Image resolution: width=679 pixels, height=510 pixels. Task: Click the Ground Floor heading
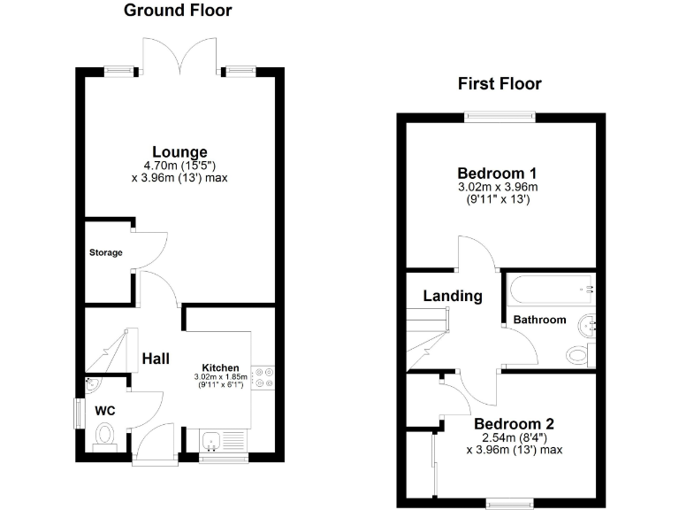pos(178,11)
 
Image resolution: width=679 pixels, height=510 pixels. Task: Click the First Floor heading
pos(500,84)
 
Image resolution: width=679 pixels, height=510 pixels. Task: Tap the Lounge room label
pos(179,151)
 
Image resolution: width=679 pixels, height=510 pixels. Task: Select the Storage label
pos(105,253)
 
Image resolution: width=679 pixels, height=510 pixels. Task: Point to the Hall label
pos(157,359)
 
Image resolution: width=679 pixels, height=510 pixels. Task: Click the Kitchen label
pos(220,367)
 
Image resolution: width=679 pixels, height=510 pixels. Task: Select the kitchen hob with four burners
pos(264,377)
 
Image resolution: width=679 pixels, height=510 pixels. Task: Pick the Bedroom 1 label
pos(497,173)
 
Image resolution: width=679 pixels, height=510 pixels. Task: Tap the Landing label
pos(452,296)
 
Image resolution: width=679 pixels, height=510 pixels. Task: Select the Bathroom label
pos(539,320)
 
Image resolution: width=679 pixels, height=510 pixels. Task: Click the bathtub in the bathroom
pos(549,288)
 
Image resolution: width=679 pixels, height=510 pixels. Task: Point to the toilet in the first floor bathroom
pos(577,355)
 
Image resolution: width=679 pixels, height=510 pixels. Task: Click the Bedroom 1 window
pos(500,114)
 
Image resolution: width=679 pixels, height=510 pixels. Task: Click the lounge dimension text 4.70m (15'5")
pos(179,165)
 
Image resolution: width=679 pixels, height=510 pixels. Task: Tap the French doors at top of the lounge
pos(180,55)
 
